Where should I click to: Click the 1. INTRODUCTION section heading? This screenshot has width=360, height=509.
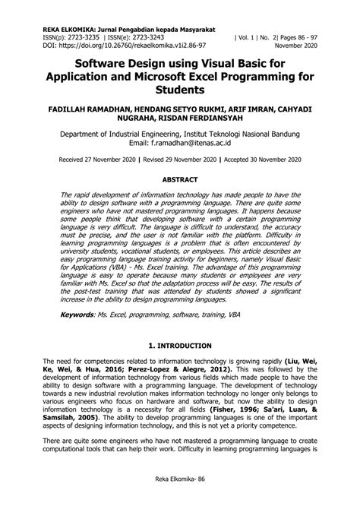point(180,344)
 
